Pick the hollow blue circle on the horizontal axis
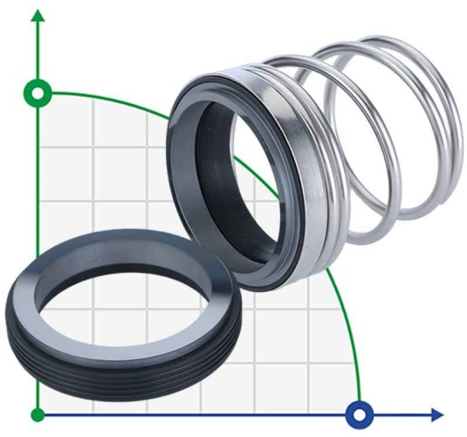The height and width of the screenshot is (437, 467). click(x=359, y=413)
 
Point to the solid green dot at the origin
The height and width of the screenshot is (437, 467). click(x=38, y=413)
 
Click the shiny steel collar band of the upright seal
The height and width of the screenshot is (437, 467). click(x=288, y=175)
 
